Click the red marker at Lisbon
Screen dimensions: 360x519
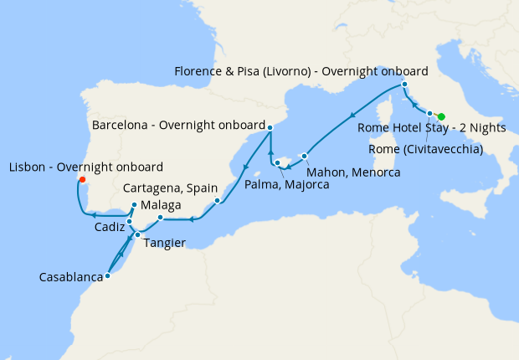[x=81, y=179]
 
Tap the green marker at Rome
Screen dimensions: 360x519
[x=441, y=116]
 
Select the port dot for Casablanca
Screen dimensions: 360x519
[x=107, y=275]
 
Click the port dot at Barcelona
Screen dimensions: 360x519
[x=270, y=127]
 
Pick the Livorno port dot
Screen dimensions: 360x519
[x=404, y=85]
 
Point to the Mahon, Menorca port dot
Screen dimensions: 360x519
[x=305, y=157]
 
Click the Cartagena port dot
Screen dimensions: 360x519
[x=217, y=200]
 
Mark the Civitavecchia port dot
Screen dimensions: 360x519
[x=429, y=113]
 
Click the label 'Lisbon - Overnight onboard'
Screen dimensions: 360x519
[x=85, y=167]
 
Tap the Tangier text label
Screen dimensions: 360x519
[x=162, y=244]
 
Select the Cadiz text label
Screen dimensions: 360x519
[x=110, y=227]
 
